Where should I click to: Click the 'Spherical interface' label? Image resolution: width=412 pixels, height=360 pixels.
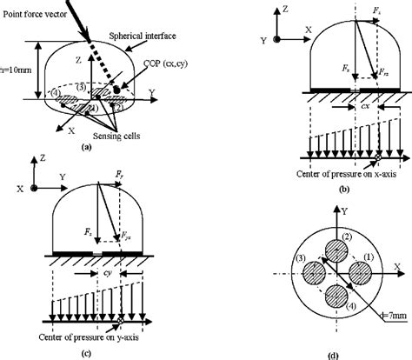tap(142, 37)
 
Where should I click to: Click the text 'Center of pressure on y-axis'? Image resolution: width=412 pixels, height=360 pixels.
tap(98, 328)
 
